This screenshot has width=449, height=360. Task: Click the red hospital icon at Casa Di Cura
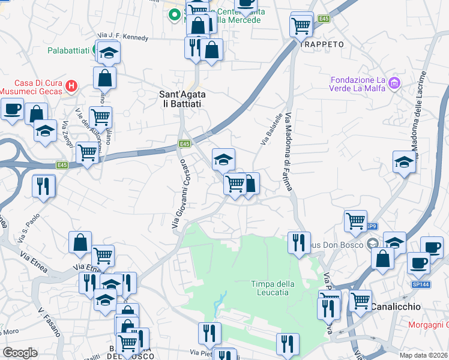(x=71, y=86)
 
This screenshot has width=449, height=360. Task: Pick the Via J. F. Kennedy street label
(x=122, y=37)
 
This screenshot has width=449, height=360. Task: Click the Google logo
(x=20, y=353)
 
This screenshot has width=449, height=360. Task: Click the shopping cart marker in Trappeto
(x=301, y=25)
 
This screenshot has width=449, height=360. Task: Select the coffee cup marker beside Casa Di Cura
(x=12, y=110)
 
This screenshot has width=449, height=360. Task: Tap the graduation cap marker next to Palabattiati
(x=108, y=53)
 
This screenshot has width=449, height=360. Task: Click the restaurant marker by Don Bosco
(x=298, y=242)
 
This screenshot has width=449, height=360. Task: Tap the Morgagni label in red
(x=429, y=325)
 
